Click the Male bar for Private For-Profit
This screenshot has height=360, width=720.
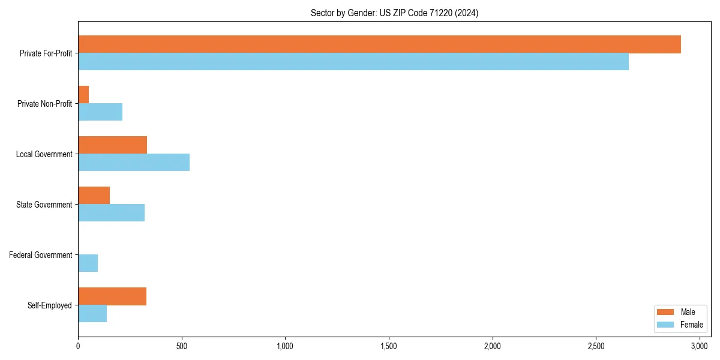click(379, 44)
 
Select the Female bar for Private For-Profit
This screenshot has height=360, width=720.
click(353, 62)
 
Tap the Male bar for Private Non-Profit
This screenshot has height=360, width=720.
click(83, 95)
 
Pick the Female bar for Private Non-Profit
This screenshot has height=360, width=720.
click(100, 112)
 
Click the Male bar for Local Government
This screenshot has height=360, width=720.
click(112, 145)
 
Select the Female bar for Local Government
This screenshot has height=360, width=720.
click(134, 163)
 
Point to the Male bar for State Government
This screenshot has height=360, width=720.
click(94, 196)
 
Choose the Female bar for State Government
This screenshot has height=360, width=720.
click(111, 213)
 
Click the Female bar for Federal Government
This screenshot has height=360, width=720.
click(88, 263)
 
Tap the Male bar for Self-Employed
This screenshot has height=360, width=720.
click(112, 296)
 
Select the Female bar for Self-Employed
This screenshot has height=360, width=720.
click(92, 314)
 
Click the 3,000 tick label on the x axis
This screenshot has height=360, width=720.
click(700, 346)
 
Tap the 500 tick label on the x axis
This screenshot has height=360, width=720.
click(182, 346)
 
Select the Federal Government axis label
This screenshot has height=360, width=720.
click(41, 255)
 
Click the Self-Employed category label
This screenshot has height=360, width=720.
click(50, 305)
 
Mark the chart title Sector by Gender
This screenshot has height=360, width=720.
click(394, 13)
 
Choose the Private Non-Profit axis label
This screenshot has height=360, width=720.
click(44, 104)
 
